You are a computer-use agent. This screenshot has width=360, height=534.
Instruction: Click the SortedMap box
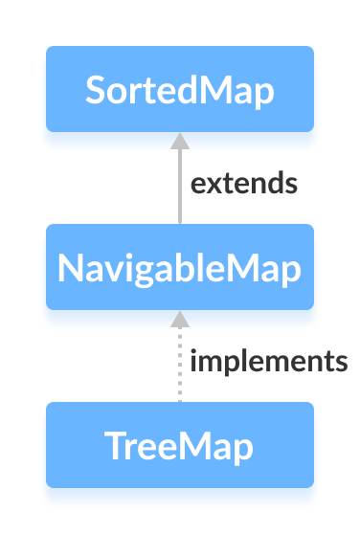click(x=180, y=89)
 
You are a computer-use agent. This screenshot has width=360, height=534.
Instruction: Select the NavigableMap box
click(x=180, y=267)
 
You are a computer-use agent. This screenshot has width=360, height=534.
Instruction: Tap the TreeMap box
click(x=180, y=445)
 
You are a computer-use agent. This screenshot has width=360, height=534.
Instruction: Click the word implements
click(x=268, y=361)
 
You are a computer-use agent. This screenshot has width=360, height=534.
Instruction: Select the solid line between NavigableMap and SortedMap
click(x=179, y=187)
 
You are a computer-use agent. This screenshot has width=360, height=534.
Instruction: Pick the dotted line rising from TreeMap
click(x=179, y=368)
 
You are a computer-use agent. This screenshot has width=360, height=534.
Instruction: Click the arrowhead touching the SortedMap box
click(x=179, y=140)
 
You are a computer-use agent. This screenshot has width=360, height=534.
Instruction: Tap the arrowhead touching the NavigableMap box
click(x=179, y=318)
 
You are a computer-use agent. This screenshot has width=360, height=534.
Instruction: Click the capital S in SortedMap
click(x=95, y=90)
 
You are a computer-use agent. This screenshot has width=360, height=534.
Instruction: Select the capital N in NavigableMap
click(x=69, y=268)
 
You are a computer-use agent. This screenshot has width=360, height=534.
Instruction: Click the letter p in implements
click(x=228, y=364)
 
